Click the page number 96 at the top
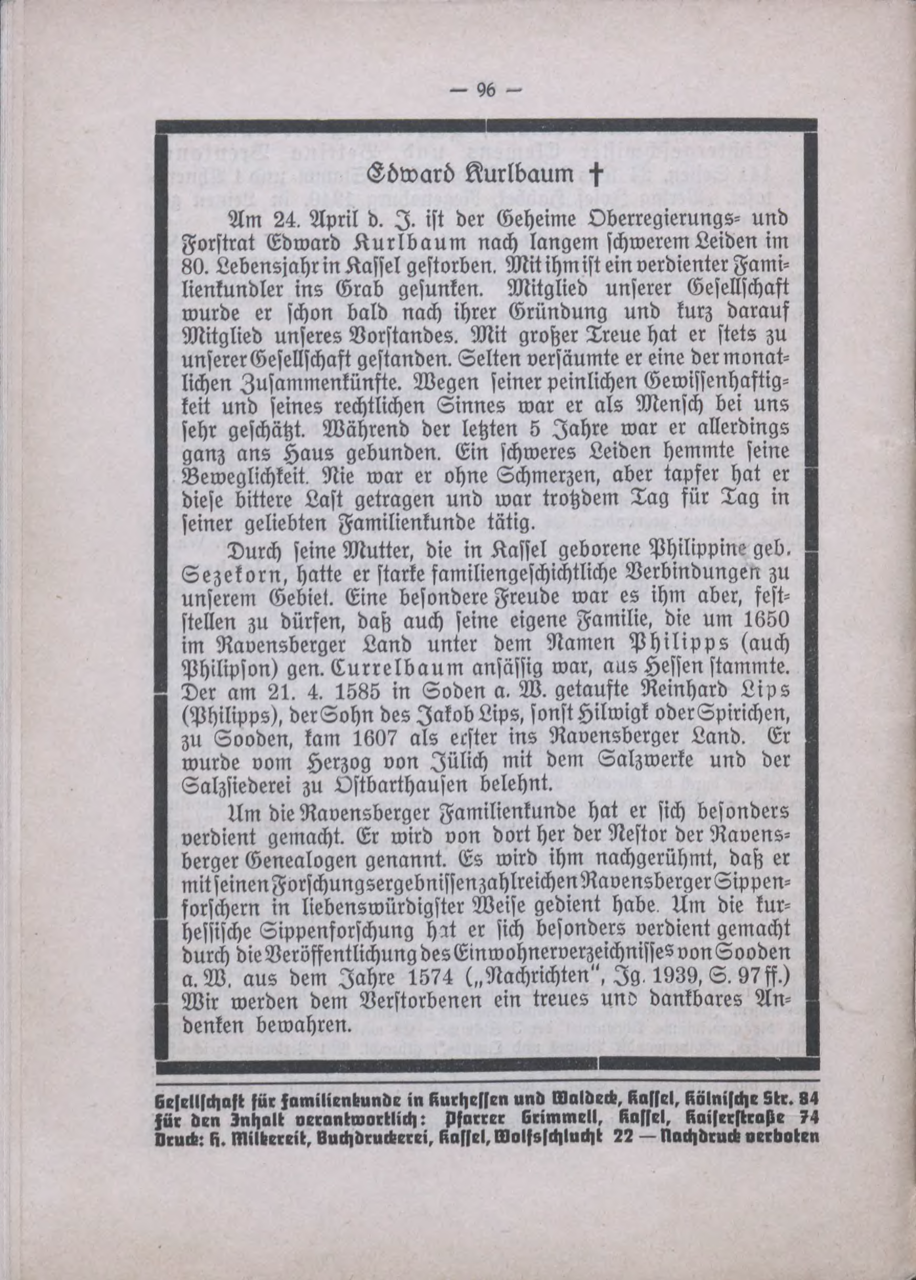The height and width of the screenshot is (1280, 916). [485, 91]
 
